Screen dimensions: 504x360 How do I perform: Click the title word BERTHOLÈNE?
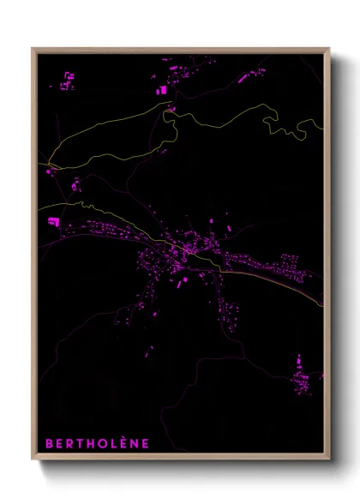(97, 443)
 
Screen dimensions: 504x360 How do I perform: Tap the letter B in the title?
(49, 443)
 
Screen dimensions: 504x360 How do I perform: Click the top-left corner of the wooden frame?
(33, 49)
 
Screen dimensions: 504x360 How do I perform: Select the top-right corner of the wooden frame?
(329, 49)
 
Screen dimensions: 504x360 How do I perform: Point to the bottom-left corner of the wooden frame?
(33, 459)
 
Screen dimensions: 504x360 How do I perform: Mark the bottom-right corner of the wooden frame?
(329, 459)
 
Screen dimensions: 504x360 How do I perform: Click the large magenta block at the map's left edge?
(53, 221)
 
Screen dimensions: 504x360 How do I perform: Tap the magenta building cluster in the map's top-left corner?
(67, 81)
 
